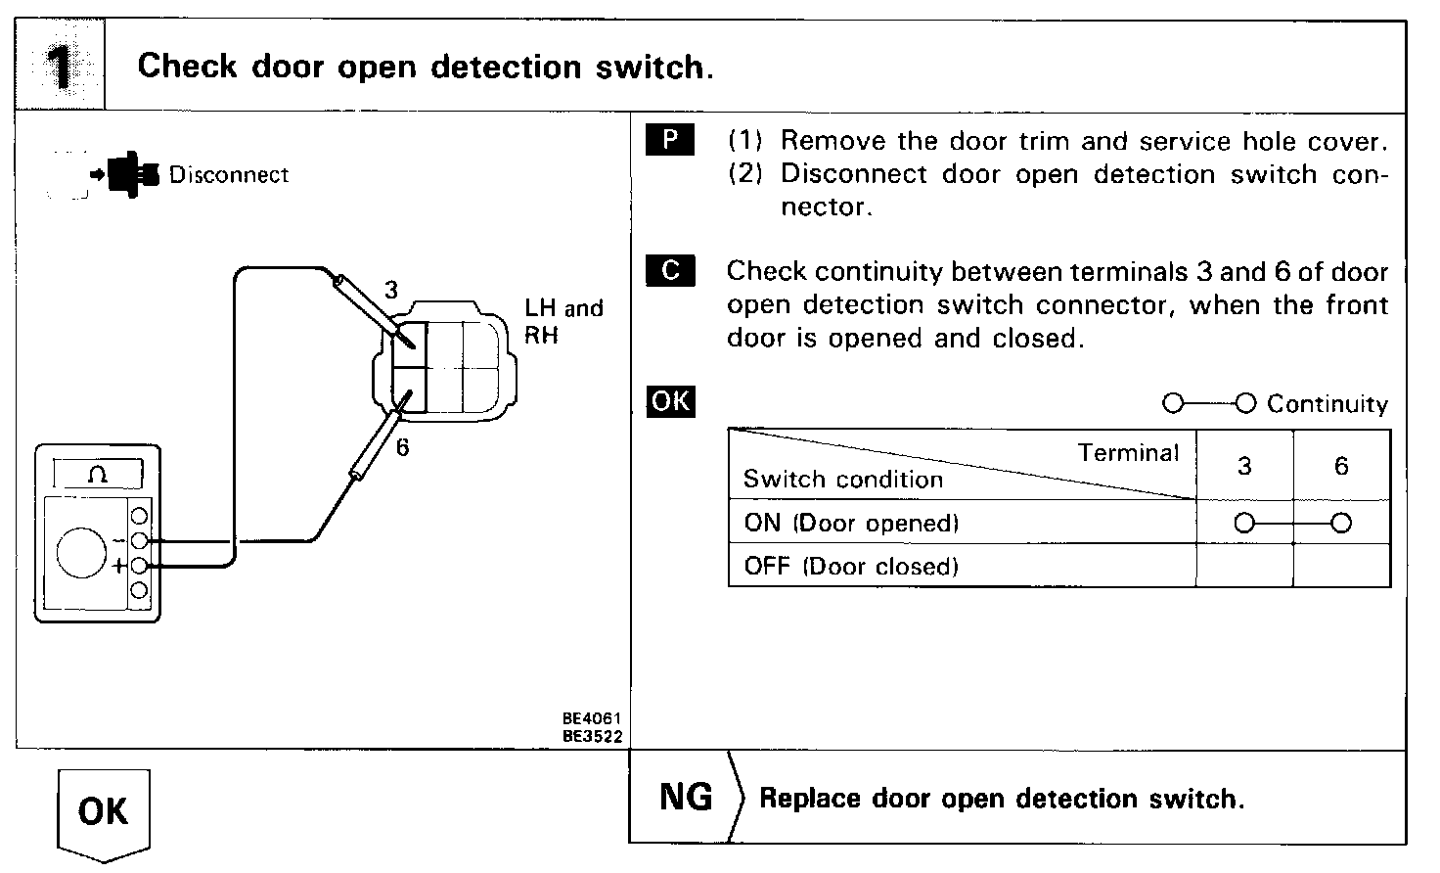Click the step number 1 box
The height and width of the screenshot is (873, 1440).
pos(61,66)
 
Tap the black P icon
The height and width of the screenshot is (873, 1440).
pos(670,140)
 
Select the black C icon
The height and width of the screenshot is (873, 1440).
pos(670,270)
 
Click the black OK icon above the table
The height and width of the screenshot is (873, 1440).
pos(670,401)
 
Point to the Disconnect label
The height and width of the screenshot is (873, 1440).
pos(229,175)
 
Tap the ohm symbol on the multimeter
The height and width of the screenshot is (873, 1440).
pos(98,476)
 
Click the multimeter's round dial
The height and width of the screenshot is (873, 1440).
pos(80,552)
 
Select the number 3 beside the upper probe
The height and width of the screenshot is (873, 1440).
pos(391,291)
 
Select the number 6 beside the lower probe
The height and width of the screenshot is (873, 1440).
pos(402,447)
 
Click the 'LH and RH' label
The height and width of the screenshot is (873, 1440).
pos(562,322)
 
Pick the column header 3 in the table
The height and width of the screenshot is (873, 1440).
pos(1244,466)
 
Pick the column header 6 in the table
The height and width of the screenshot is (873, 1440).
pos(1341,466)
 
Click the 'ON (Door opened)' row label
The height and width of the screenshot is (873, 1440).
pos(850,523)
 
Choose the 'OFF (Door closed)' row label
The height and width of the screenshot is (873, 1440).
pos(850,566)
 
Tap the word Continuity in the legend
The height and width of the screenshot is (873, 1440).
pos(1327,404)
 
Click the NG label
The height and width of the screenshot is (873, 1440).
pos(686,797)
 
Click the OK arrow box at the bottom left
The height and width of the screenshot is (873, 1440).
pos(103,812)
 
